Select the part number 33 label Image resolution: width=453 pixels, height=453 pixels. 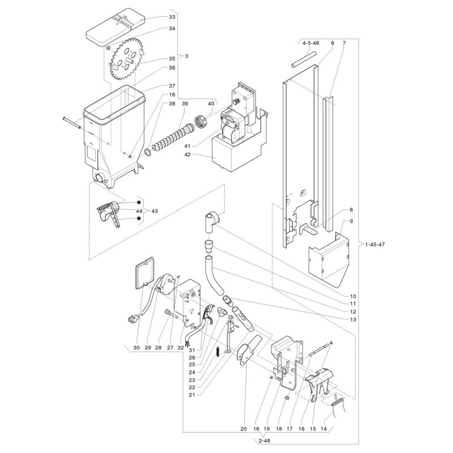(x=172, y=17)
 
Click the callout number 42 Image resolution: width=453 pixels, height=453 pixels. (x=187, y=155)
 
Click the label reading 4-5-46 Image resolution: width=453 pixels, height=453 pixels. (x=311, y=43)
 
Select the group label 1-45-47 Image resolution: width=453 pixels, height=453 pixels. (x=375, y=245)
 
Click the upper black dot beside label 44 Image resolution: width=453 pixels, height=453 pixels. (x=139, y=203)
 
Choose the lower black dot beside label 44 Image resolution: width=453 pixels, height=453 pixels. (x=139, y=219)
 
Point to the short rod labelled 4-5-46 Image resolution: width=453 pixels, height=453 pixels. (x=304, y=59)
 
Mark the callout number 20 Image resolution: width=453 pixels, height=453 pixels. (x=243, y=429)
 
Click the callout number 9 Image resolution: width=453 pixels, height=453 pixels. (x=351, y=221)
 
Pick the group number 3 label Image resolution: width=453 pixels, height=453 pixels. (x=186, y=56)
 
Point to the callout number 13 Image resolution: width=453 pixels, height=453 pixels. (x=353, y=320)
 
